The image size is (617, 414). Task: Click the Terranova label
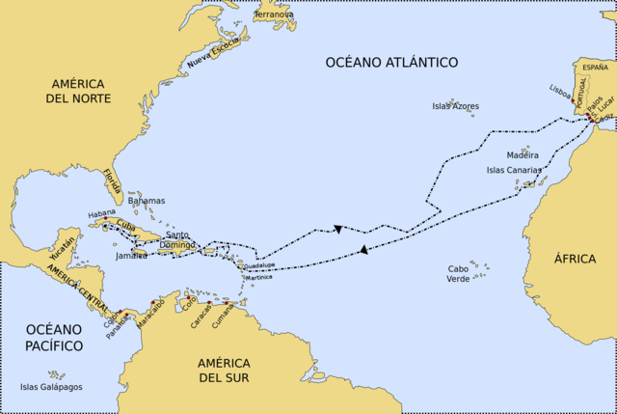pos(276,15)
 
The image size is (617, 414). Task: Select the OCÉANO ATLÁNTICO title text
pos(390,63)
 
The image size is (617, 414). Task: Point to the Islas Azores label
pos(455,106)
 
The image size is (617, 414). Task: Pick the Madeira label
pos(523,155)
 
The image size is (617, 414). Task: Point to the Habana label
pos(101,212)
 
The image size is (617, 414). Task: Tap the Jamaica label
pos(131,256)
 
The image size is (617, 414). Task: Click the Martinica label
pos(258,277)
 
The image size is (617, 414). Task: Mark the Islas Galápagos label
pos(51,387)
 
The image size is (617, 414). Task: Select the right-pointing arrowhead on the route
pos(338,229)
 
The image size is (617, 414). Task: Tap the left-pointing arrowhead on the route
pos(363,250)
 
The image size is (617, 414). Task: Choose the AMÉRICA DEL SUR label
pos(224,370)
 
